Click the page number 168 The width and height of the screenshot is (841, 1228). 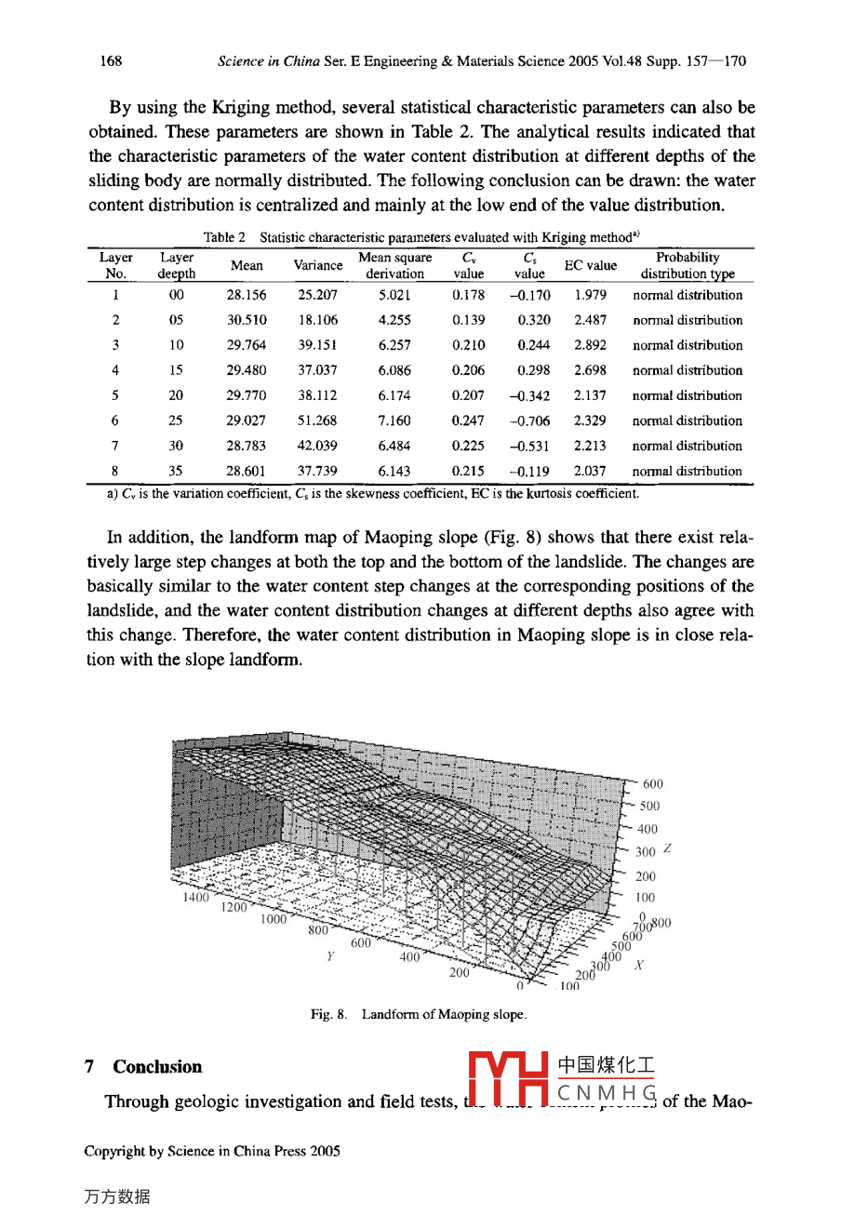pyautogui.click(x=111, y=61)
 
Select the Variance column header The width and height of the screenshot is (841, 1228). pyautogui.click(x=318, y=265)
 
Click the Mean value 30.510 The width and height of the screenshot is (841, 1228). pyautogui.click(x=247, y=320)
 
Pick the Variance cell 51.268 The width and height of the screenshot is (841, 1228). pyautogui.click(x=317, y=420)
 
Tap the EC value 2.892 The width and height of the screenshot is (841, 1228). pyautogui.click(x=590, y=345)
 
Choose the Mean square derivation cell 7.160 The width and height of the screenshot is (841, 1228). pyautogui.click(x=394, y=420)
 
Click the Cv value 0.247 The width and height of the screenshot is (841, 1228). pyautogui.click(x=468, y=420)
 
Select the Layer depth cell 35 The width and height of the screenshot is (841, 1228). pyautogui.click(x=176, y=471)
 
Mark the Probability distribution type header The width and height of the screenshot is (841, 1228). pyautogui.click(x=687, y=265)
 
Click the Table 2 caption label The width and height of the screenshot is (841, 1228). pyautogui.click(x=224, y=237)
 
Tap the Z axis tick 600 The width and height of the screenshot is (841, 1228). pyautogui.click(x=653, y=784)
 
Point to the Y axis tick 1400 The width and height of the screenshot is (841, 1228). pyautogui.click(x=196, y=898)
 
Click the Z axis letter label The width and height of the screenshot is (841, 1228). pyautogui.click(x=667, y=849)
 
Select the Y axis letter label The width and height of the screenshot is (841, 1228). pyautogui.click(x=330, y=955)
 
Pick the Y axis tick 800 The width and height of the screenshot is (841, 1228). pyautogui.click(x=318, y=929)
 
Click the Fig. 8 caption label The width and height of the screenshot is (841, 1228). pyautogui.click(x=328, y=1014)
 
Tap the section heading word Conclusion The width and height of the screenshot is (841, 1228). pyautogui.click(x=157, y=1067)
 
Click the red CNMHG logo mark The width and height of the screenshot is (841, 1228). pyautogui.click(x=508, y=1079)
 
